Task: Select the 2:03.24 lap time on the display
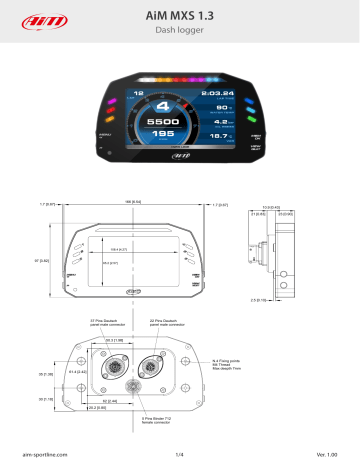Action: pos(217,93)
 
